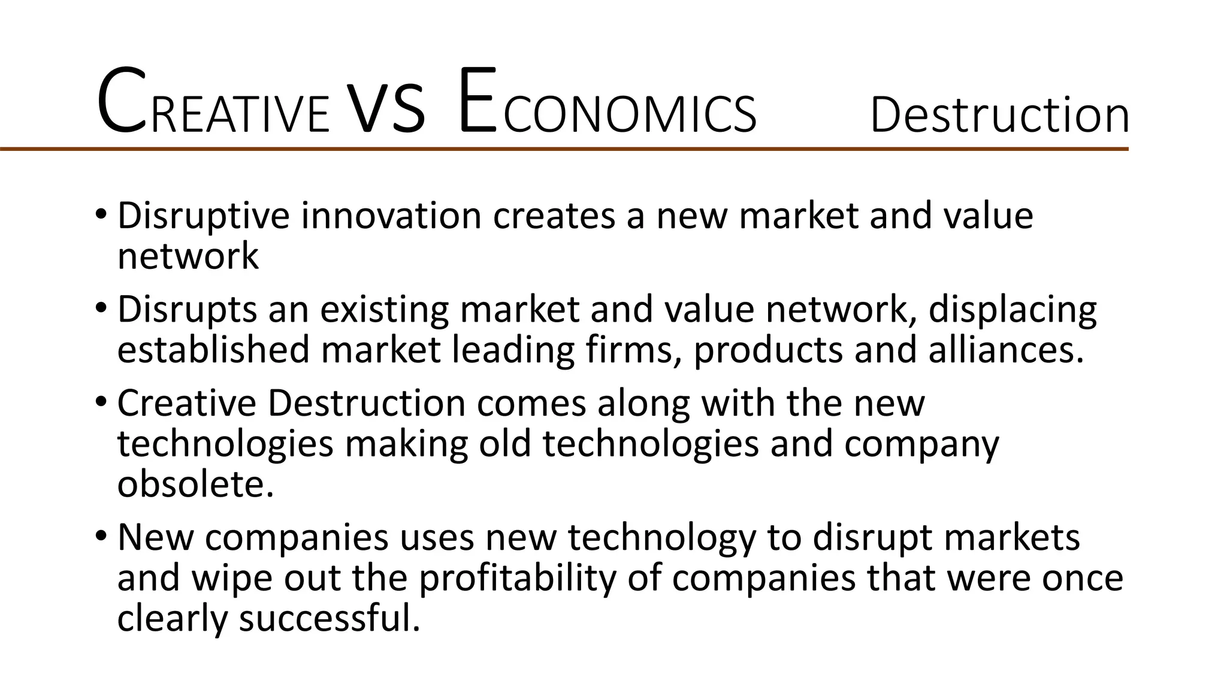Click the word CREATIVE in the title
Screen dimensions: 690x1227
coord(213,103)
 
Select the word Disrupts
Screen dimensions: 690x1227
coord(187,311)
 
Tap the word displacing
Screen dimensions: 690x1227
coord(1012,311)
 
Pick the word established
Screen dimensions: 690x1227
coord(213,350)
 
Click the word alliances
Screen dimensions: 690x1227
coord(1006,350)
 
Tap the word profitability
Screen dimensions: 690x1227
coord(517,579)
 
